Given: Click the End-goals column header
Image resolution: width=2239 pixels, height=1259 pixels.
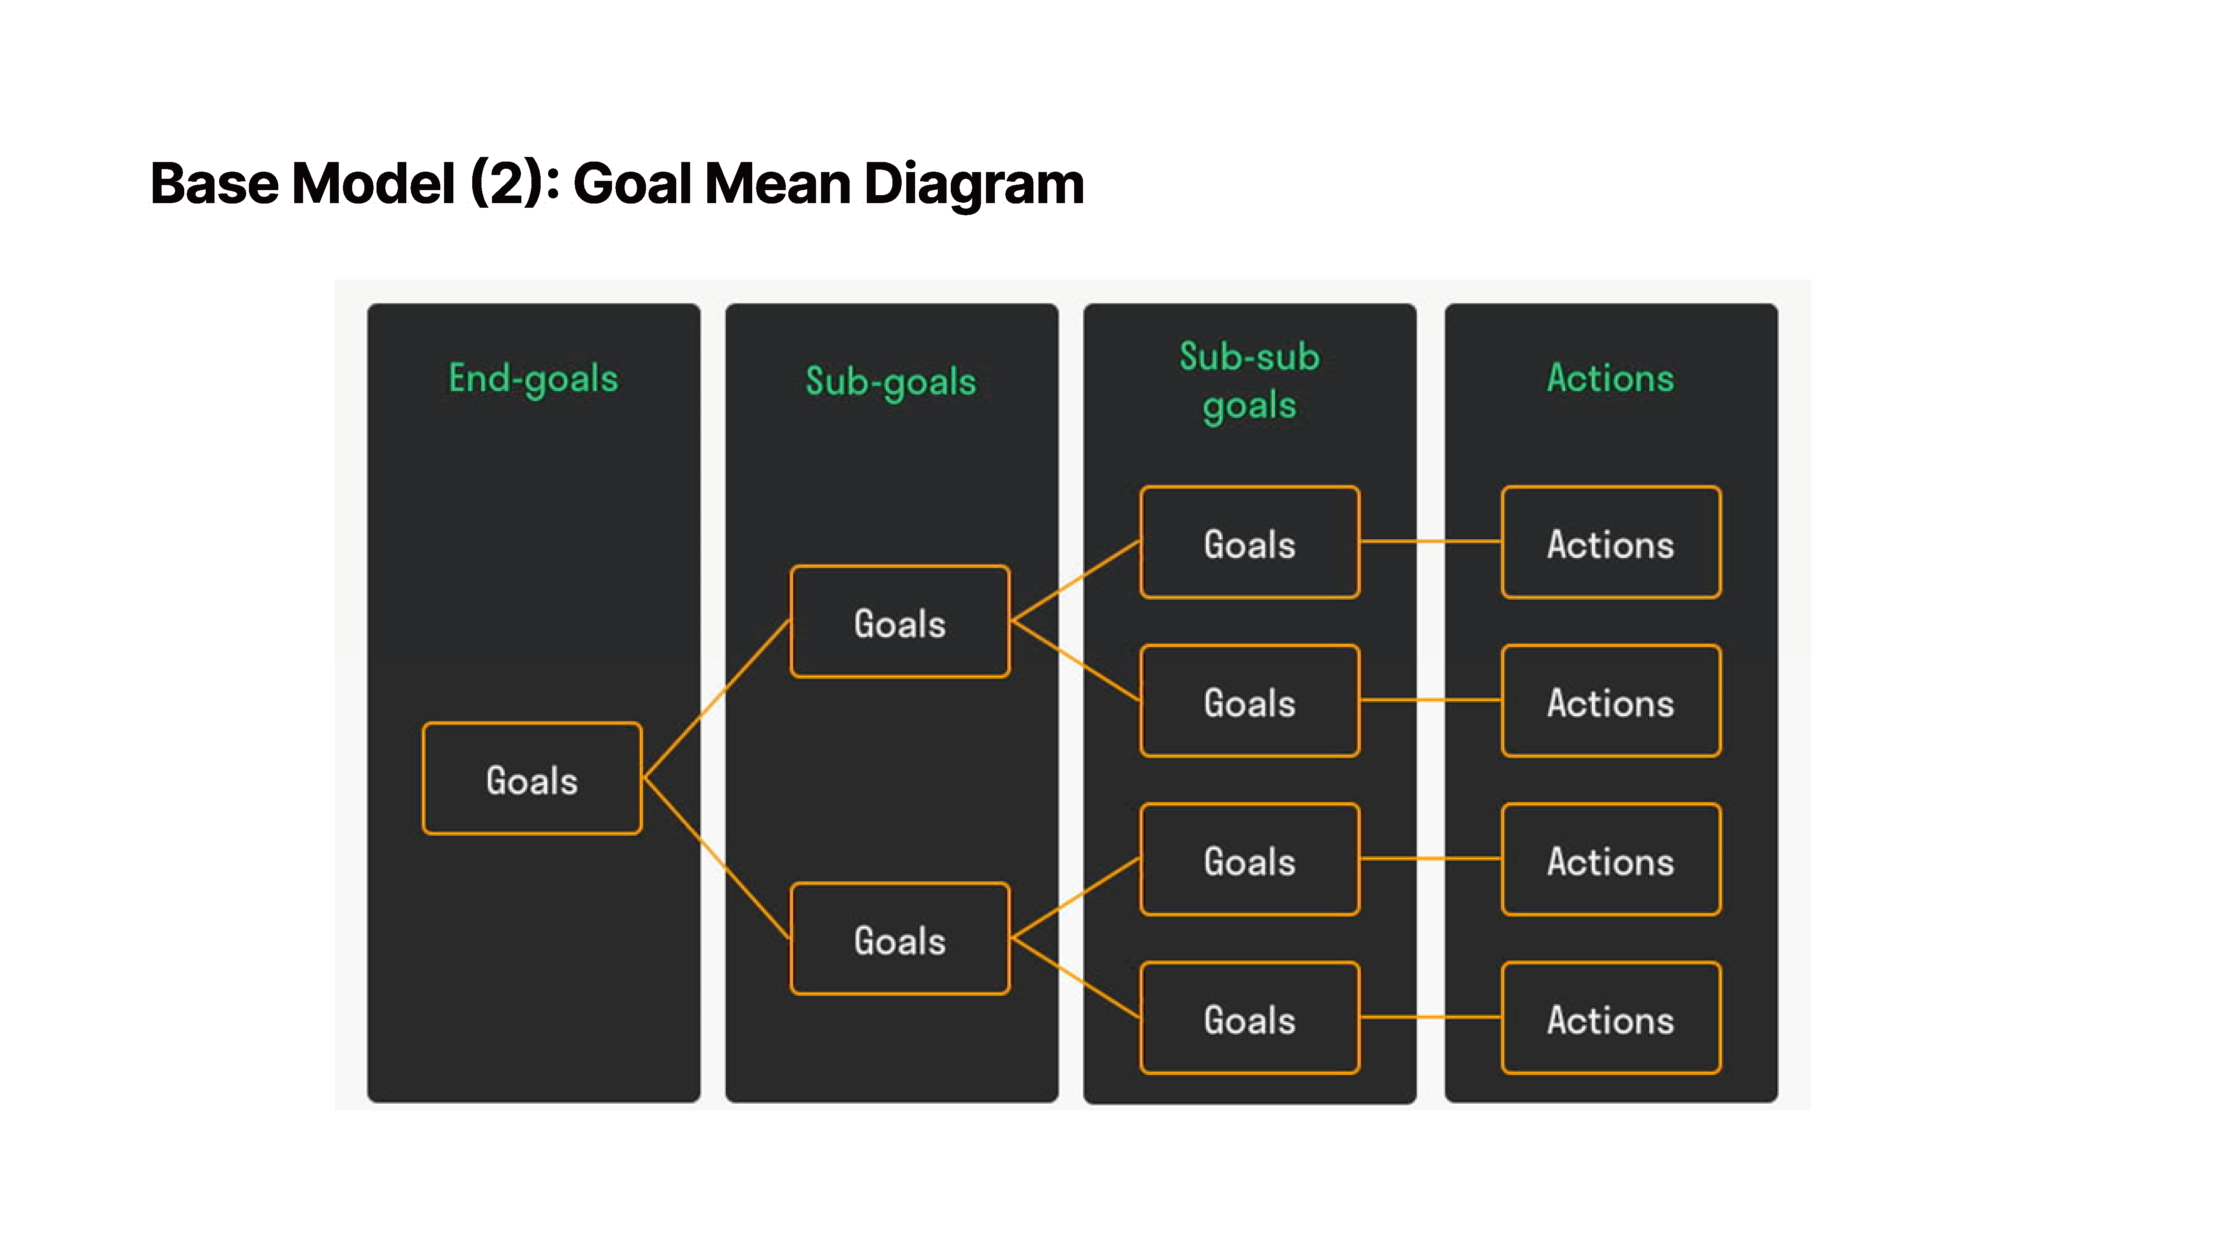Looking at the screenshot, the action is pyautogui.click(x=533, y=379).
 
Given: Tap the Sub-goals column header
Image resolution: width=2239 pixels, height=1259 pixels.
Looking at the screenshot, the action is pyautogui.click(x=891, y=381).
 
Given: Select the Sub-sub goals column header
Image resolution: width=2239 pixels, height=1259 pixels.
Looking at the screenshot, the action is pyautogui.click(x=1249, y=381).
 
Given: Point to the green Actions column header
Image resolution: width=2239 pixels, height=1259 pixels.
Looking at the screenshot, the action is pyautogui.click(x=1610, y=378).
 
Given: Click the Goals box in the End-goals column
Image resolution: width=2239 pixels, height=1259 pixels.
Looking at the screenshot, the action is pyautogui.click(x=532, y=778).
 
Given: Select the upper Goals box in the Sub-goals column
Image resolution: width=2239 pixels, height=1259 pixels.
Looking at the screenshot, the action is pyautogui.click(x=900, y=621).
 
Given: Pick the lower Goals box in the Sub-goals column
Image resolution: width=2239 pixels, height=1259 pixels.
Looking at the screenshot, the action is pyautogui.click(x=900, y=938).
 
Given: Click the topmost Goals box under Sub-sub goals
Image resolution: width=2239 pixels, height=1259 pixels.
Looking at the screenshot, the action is pyautogui.click(x=1250, y=542).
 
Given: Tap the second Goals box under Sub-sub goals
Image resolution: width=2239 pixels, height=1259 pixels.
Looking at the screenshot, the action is pyautogui.click(x=1250, y=700).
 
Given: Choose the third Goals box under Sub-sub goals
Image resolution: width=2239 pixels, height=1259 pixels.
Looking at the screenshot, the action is pyautogui.click(x=1250, y=859).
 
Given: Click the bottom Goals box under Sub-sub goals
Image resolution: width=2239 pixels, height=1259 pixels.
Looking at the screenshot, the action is pyautogui.click(x=1250, y=1017).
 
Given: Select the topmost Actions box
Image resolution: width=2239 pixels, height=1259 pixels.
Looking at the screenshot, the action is pyautogui.click(x=1611, y=542).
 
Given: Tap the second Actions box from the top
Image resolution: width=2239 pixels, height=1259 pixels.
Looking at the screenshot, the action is pyautogui.click(x=1611, y=700).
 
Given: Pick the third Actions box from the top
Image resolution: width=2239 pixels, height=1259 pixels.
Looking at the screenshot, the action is pyautogui.click(x=1611, y=859).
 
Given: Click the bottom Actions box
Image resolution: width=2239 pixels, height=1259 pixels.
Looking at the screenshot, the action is pyautogui.click(x=1611, y=1017).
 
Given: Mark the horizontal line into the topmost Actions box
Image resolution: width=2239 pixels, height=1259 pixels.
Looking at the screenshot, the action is pyautogui.click(x=1431, y=541).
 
